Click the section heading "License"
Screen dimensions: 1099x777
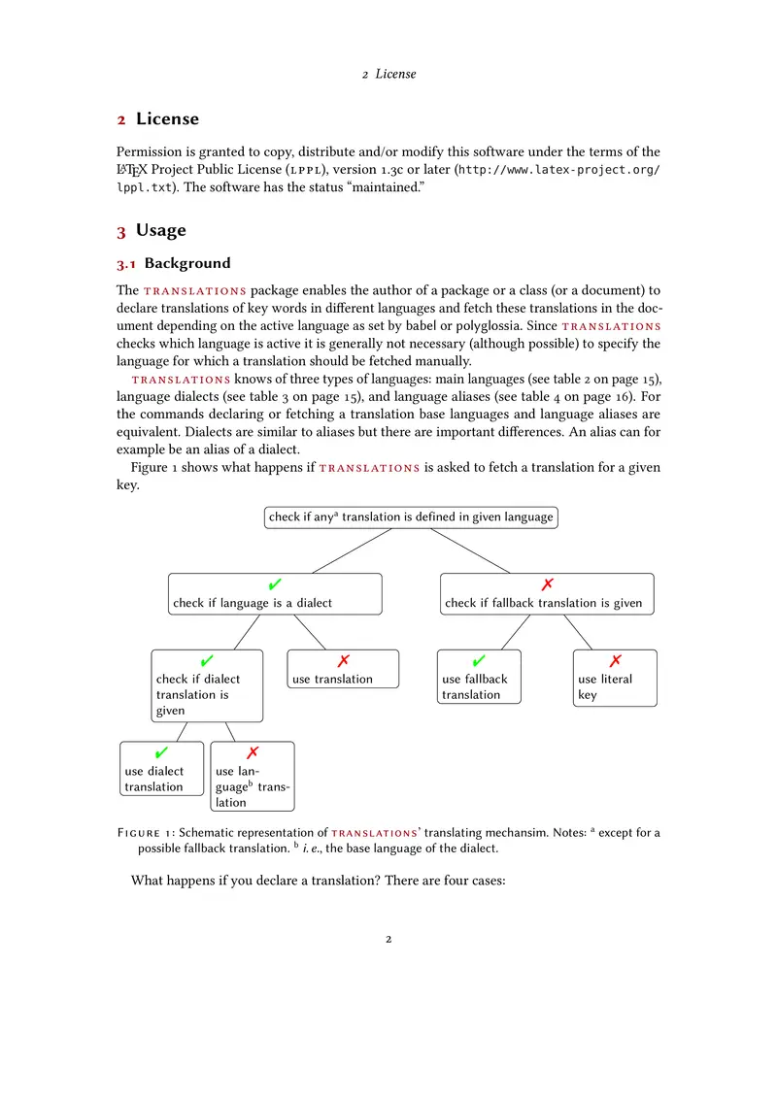(x=167, y=119)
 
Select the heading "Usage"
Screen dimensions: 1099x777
(x=160, y=231)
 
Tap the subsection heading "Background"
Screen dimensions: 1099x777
(x=187, y=263)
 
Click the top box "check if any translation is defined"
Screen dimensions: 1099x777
(x=411, y=517)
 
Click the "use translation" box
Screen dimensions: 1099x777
(x=343, y=669)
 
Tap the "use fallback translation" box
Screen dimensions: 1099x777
(x=480, y=677)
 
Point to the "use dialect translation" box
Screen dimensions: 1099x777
(x=161, y=769)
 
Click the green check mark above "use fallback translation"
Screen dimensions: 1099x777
(x=479, y=661)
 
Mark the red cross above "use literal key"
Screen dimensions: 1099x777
(x=614, y=661)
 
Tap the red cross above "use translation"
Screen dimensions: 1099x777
(x=343, y=661)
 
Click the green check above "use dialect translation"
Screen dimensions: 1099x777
(x=161, y=753)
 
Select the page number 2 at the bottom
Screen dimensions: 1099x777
(x=388, y=940)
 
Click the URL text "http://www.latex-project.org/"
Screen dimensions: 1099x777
(x=558, y=170)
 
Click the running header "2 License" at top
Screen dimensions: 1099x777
(x=388, y=74)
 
